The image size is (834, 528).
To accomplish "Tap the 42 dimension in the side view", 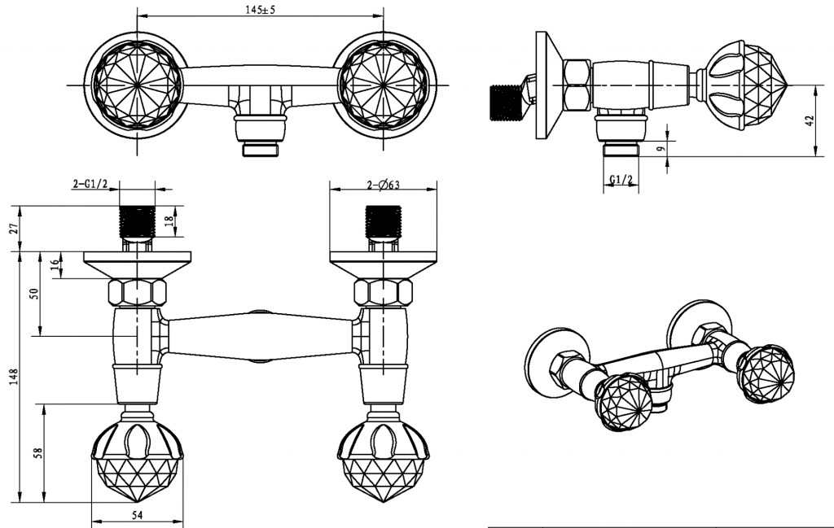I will click(809, 120).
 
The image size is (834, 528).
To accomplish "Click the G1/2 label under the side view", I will click(621, 181).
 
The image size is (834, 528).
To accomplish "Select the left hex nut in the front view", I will click(137, 292).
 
